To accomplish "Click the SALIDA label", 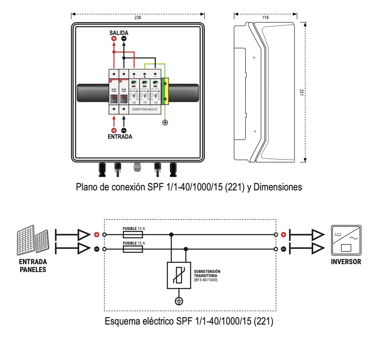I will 119,32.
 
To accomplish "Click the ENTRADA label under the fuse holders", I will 120,137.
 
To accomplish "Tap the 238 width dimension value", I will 138,17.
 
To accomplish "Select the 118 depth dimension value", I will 265,17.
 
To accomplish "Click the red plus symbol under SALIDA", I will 114,39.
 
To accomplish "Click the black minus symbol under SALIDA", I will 124,39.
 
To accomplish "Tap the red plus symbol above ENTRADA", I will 114,130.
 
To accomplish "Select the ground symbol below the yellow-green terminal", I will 165,122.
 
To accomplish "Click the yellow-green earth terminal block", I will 165,90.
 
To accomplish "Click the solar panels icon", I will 33,242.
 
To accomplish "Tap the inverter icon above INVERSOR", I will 346,240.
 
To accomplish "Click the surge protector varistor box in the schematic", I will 178,275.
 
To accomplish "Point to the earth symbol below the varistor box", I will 178,301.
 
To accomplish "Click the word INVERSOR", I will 346,262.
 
